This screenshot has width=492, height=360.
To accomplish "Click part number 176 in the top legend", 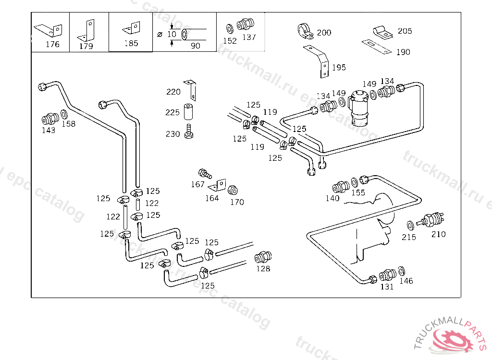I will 52,44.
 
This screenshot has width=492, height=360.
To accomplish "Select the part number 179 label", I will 86,46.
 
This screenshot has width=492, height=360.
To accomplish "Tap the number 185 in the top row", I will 131,43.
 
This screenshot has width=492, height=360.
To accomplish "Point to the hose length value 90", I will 195,46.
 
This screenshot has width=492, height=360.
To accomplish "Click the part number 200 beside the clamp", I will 324,33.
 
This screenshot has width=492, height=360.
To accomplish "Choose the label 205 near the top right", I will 405,31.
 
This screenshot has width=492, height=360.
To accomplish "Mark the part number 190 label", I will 403,52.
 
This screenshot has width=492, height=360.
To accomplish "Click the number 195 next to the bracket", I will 339,67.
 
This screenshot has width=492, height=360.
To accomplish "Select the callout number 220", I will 173,92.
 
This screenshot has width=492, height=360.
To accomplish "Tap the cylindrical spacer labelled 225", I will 189,112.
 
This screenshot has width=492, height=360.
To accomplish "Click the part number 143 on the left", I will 48,130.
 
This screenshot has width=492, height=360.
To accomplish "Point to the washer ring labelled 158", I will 63,116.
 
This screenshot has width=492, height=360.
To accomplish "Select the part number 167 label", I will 197,184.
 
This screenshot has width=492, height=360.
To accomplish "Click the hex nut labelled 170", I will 232,189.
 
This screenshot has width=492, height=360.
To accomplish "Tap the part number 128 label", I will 263,269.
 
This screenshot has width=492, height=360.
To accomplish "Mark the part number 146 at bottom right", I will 406,281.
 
